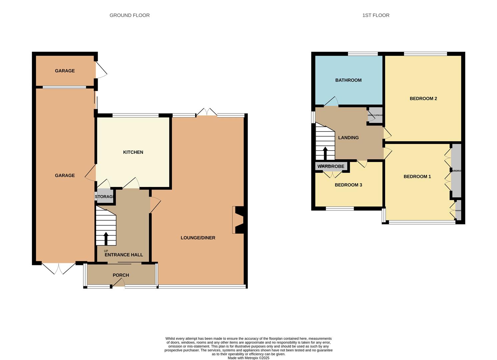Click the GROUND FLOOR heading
tap(129, 15)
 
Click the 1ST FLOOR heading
tap(376, 15)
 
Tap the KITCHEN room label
tap(133, 152)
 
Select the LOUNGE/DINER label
tap(198, 238)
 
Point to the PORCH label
tap(121, 275)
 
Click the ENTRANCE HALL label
tap(124, 255)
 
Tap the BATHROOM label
tap(348, 80)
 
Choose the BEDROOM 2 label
tap(423, 99)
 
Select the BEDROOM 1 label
tap(417, 177)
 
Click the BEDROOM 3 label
tap(348, 185)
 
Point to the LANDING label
tap(348, 138)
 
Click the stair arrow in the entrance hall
tap(106, 238)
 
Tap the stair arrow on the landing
tap(325, 153)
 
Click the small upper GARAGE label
tap(65, 71)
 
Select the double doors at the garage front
tap(59, 268)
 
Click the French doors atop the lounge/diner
tap(206, 112)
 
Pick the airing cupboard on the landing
tap(375, 115)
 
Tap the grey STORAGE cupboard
tap(105, 197)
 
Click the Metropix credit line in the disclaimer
tap(248, 358)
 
